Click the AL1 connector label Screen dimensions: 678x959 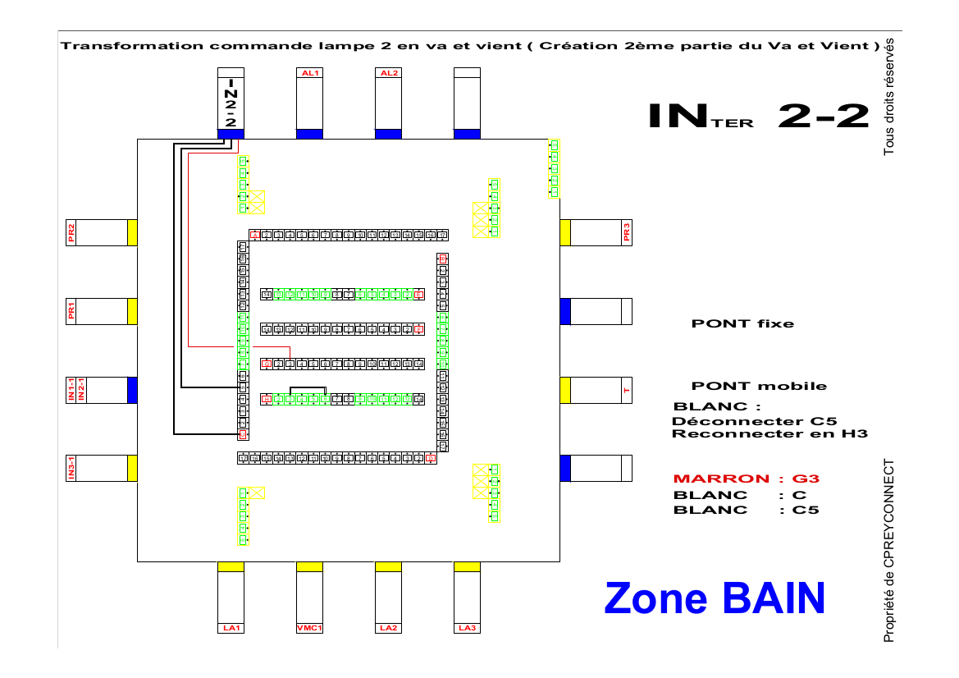click(x=309, y=72)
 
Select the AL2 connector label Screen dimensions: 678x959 click(x=388, y=72)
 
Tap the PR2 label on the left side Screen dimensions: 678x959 click(x=71, y=232)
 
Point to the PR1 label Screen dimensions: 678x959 click(x=71, y=311)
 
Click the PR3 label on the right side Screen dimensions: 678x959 click(x=627, y=232)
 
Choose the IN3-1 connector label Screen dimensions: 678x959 click(x=71, y=468)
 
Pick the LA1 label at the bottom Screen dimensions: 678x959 click(x=231, y=629)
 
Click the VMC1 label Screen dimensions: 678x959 click(x=309, y=629)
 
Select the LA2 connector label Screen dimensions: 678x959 click(x=388, y=629)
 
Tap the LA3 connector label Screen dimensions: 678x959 click(x=467, y=629)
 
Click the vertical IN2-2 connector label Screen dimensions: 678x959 click(x=231, y=103)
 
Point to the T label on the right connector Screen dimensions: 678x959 click(x=627, y=390)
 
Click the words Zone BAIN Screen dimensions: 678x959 click(x=714, y=598)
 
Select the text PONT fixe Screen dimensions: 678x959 click(x=742, y=323)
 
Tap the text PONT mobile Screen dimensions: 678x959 click(x=759, y=386)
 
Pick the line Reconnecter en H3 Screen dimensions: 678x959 click(x=769, y=433)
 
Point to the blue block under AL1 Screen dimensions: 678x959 click(x=309, y=134)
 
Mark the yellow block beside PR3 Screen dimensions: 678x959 click(x=565, y=232)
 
